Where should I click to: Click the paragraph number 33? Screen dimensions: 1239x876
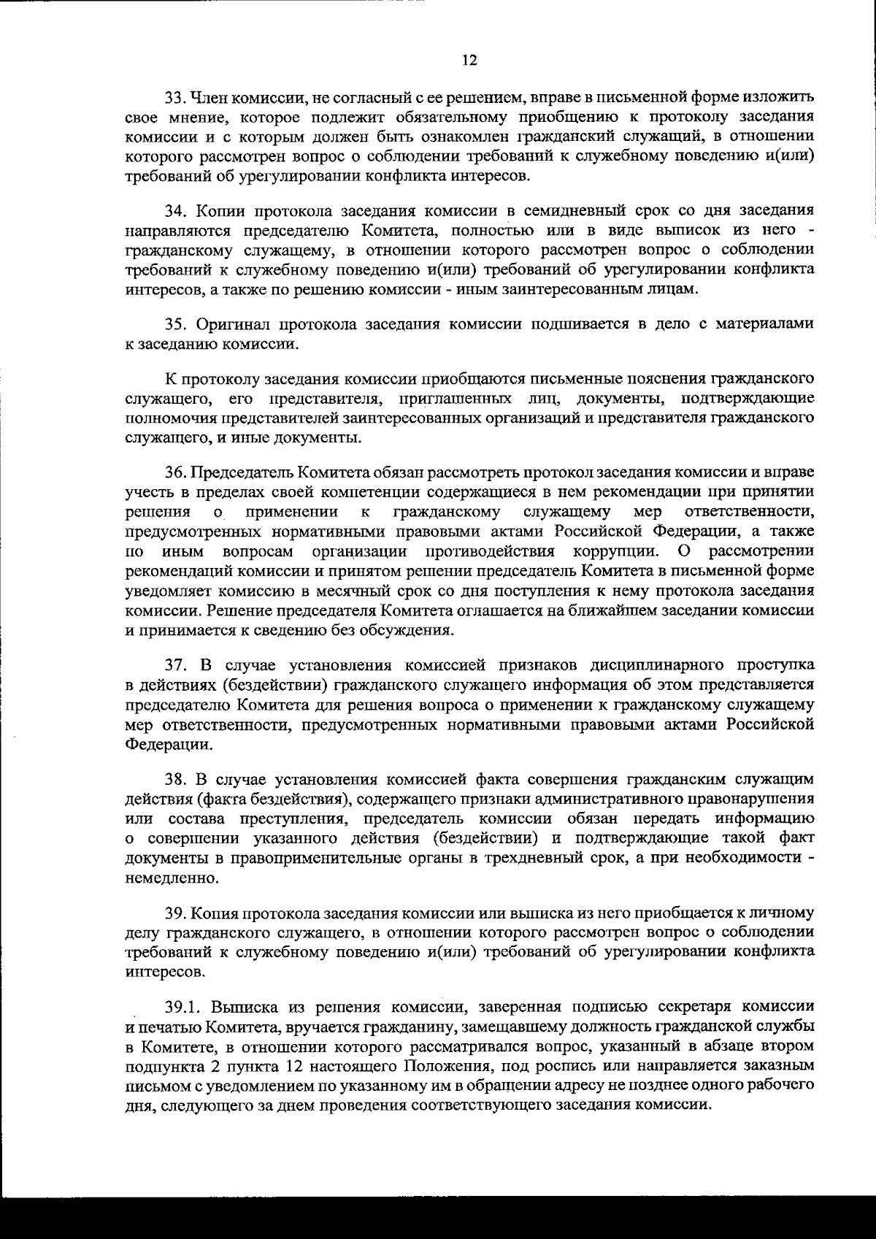[x=175, y=97]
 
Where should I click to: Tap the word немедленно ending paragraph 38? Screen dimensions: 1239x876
[x=161, y=878]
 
